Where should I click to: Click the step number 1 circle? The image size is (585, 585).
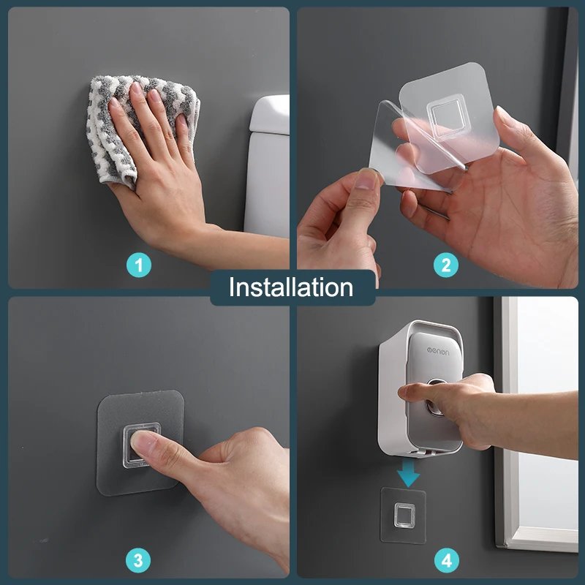click(x=139, y=265)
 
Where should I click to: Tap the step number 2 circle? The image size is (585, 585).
click(x=446, y=265)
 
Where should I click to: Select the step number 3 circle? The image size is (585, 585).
click(x=138, y=560)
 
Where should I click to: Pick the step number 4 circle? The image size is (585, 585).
click(x=447, y=560)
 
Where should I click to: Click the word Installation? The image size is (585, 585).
click(x=291, y=287)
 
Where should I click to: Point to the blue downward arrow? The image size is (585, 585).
click(x=408, y=472)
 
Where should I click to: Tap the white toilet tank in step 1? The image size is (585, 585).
click(x=268, y=164)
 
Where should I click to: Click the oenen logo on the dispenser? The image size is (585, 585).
click(x=438, y=351)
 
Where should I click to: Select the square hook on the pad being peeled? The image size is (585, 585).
click(x=445, y=116)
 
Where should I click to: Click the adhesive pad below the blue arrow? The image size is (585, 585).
click(x=404, y=516)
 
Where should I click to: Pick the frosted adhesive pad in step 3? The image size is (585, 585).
click(x=140, y=443)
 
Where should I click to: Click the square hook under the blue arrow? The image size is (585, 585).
click(x=404, y=516)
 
